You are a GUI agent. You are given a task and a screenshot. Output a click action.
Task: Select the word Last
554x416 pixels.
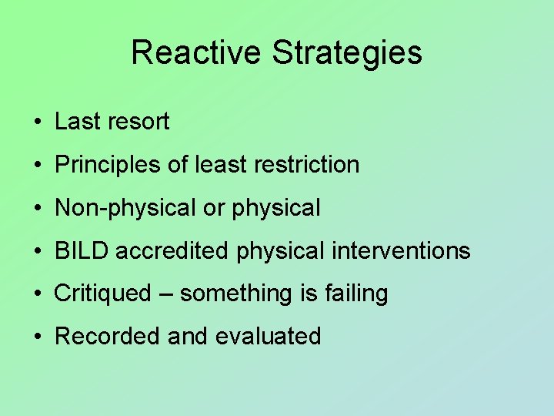(77, 122)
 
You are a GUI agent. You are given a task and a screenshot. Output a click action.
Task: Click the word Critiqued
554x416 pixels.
(103, 294)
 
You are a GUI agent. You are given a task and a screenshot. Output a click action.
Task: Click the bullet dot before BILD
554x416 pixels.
(37, 251)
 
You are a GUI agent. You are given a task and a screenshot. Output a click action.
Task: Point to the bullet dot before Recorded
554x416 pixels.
(37, 337)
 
